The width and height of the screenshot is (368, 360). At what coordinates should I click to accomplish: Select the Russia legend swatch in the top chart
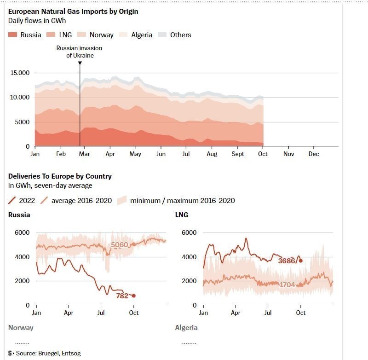click(13, 35)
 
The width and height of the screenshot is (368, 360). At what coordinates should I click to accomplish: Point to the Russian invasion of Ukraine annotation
click(79, 52)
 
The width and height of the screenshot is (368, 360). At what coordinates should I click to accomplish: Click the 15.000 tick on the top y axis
click(20, 73)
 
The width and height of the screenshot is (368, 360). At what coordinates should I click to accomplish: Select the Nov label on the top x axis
click(288, 154)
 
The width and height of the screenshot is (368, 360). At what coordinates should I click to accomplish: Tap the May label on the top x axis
click(135, 154)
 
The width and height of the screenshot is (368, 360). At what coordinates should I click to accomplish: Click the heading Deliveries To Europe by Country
click(60, 176)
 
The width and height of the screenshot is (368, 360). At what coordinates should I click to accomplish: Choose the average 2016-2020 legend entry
click(76, 200)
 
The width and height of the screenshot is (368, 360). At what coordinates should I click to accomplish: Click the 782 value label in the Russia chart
click(122, 296)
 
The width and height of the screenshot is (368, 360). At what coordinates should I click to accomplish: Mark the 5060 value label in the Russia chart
click(120, 245)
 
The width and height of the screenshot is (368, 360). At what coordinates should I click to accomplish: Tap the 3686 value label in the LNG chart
click(287, 261)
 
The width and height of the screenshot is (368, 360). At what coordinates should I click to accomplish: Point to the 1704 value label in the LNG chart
click(287, 285)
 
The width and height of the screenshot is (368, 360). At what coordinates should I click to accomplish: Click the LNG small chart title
click(182, 215)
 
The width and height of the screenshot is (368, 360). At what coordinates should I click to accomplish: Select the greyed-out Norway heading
click(21, 328)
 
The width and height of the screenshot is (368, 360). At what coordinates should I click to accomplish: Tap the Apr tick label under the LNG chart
click(236, 313)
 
